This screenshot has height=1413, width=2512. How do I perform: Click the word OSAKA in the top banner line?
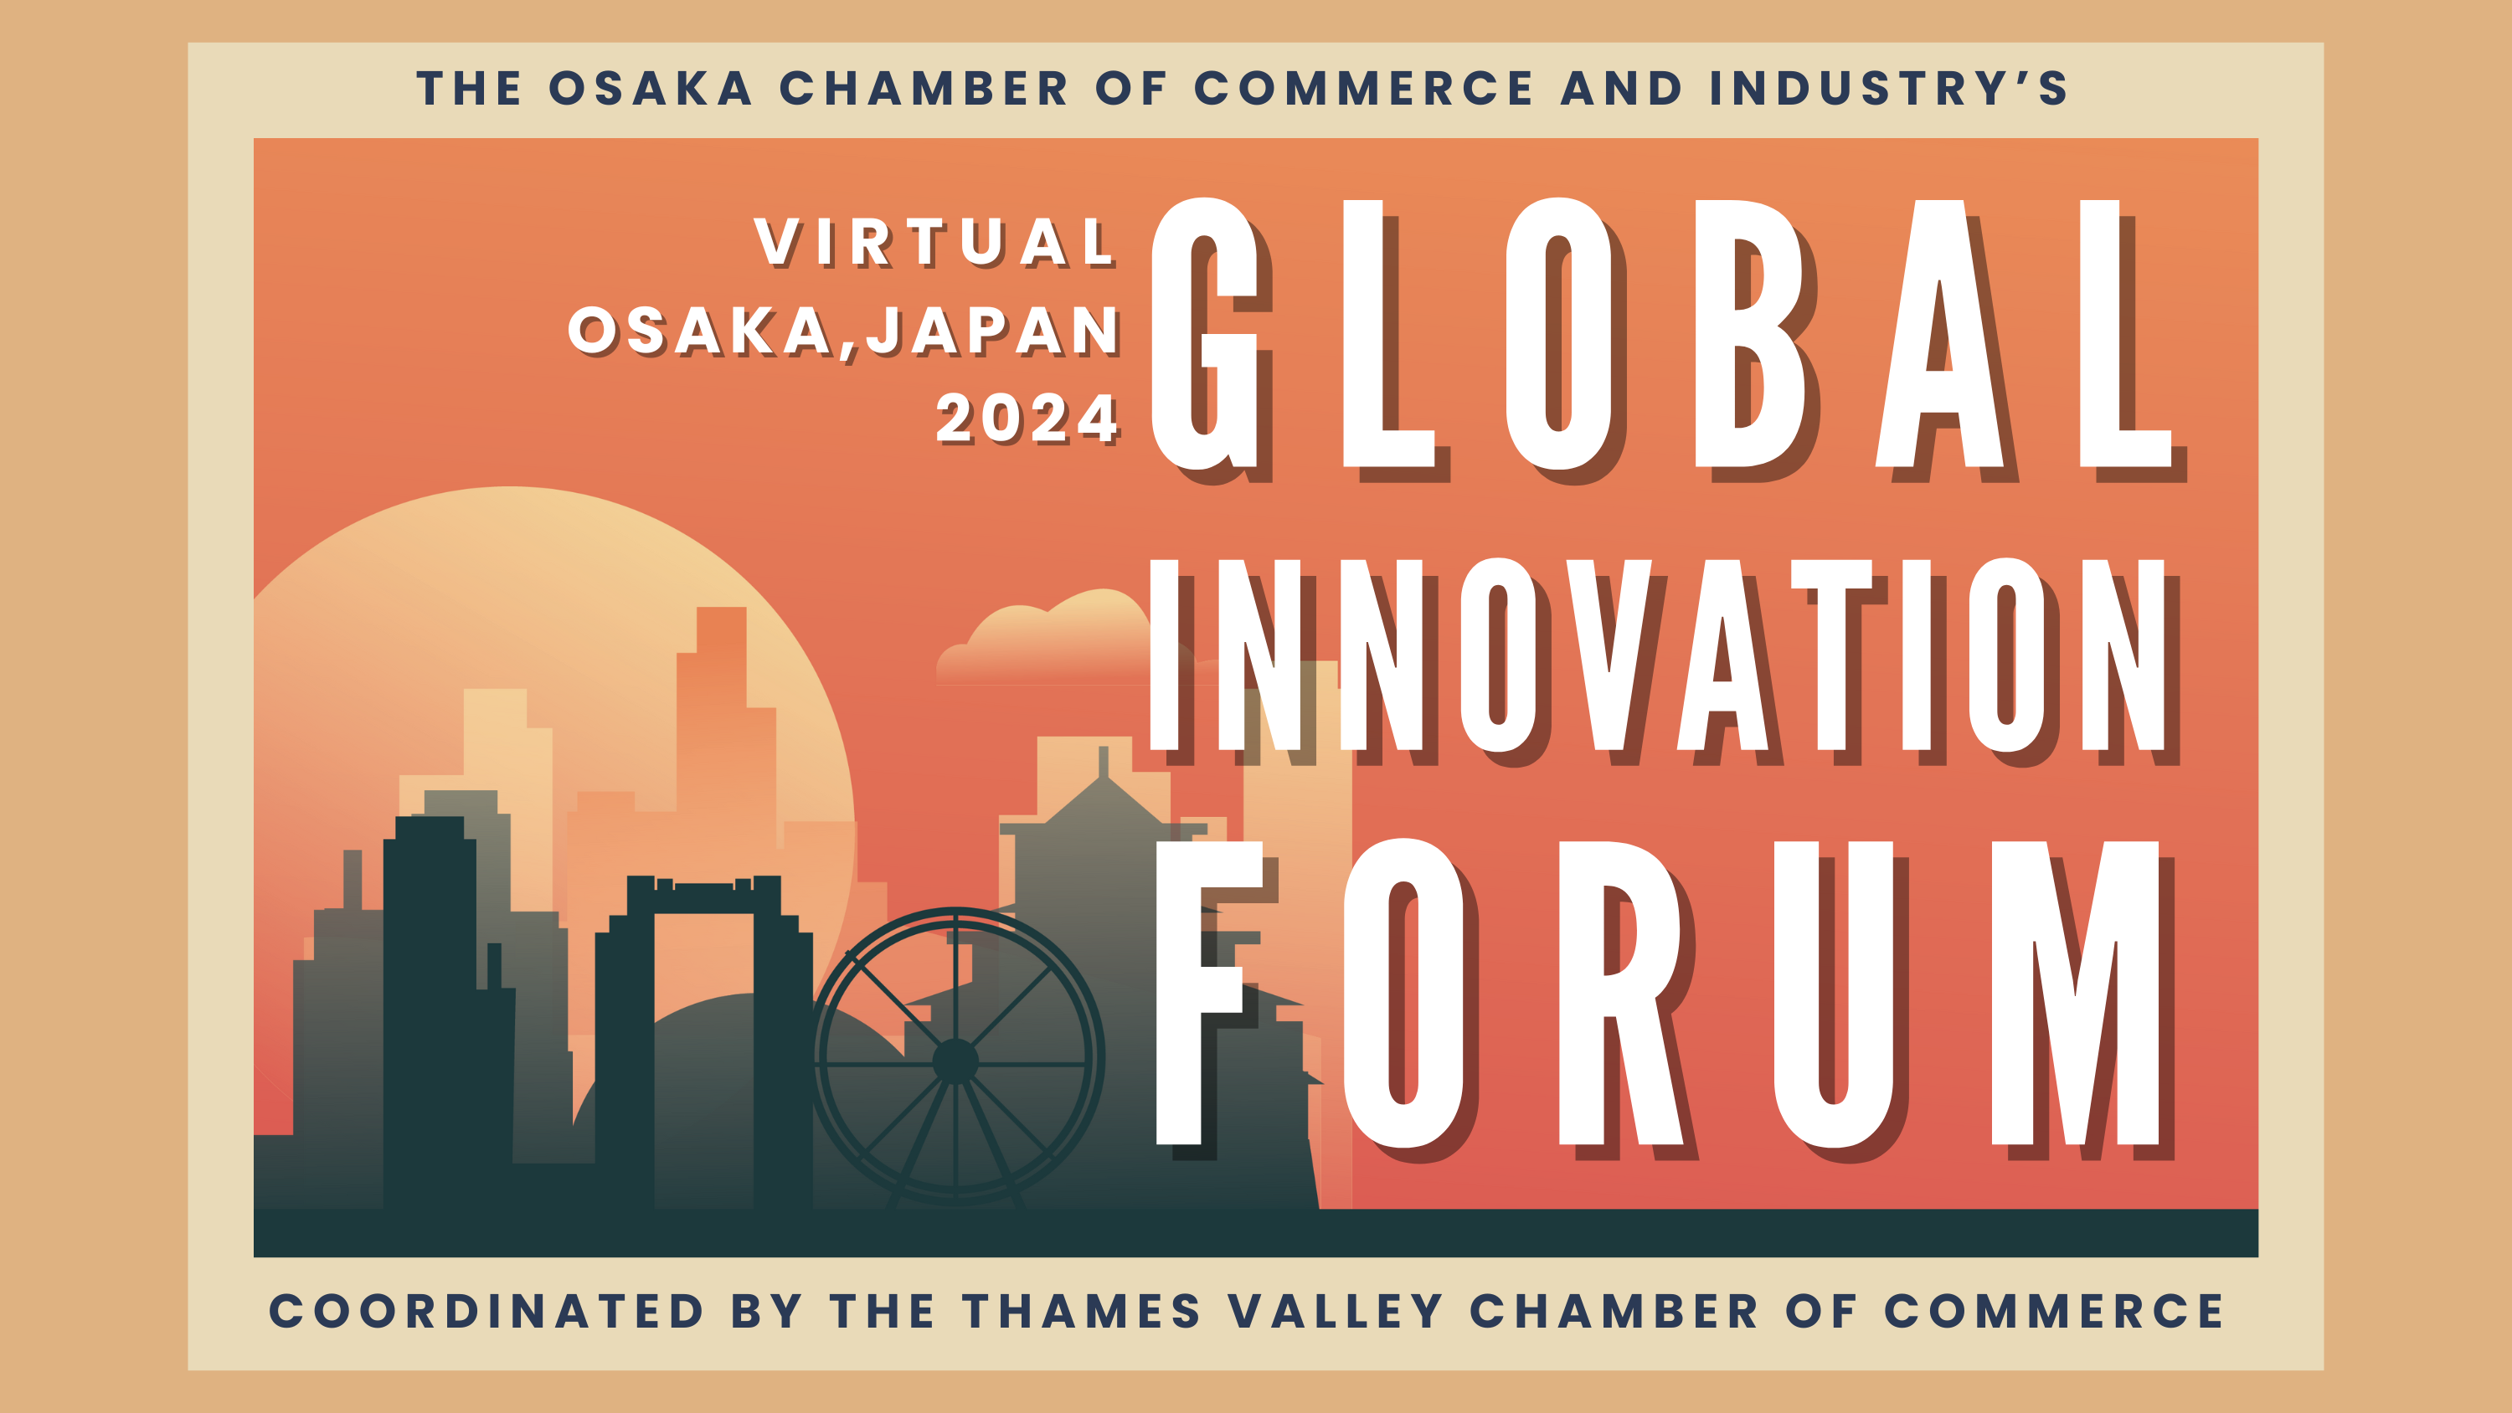click(x=651, y=88)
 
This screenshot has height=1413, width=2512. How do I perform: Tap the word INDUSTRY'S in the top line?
click(x=1888, y=88)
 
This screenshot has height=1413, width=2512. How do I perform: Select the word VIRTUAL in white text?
click(x=934, y=241)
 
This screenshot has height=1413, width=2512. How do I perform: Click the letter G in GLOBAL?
click(x=1205, y=332)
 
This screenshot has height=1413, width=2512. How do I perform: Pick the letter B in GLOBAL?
click(x=1750, y=333)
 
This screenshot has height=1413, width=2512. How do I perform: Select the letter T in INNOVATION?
click(x=1831, y=655)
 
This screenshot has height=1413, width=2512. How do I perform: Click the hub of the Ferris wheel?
click(x=955, y=1061)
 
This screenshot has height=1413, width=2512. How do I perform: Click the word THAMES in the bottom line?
click(x=1082, y=1311)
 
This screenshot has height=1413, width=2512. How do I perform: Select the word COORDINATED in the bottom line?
click(x=486, y=1311)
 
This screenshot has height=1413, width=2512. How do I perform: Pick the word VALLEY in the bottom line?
click(x=1335, y=1311)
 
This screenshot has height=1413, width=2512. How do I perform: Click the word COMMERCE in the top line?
click(x=1363, y=88)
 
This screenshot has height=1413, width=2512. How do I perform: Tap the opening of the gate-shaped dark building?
click(x=703, y=1058)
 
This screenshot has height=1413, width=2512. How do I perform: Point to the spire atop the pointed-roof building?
click(x=1103, y=762)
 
